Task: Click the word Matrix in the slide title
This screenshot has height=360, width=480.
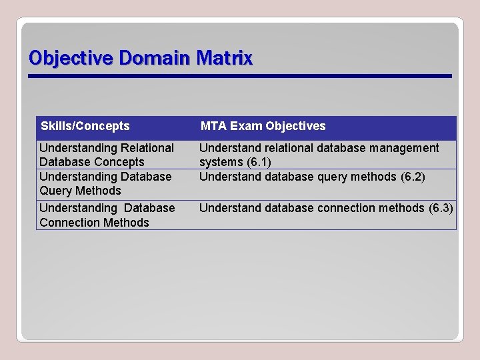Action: (225, 59)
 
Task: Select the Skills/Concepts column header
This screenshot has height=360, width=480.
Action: (85, 126)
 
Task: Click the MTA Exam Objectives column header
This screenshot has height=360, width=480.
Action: (263, 126)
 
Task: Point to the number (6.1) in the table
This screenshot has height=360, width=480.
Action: (259, 162)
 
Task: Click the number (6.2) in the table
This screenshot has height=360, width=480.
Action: (413, 177)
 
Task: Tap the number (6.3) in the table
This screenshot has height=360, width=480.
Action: (441, 208)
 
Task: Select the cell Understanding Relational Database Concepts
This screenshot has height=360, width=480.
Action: (107, 155)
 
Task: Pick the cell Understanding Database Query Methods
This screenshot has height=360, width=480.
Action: (105, 183)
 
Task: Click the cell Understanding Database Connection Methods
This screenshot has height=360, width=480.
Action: (107, 215)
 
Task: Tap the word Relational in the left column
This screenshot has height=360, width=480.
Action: (147, 148)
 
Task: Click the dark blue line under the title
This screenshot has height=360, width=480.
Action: (240, 76)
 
